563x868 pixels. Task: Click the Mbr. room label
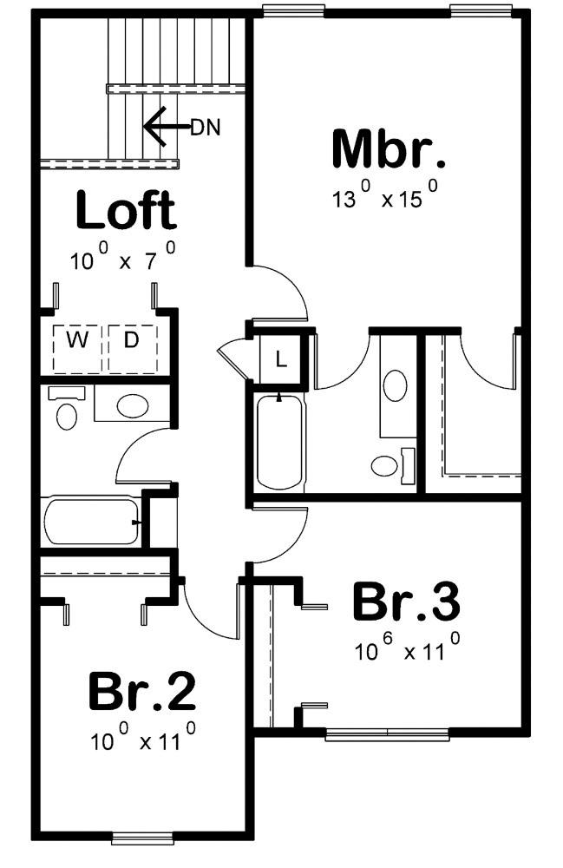(389, 149)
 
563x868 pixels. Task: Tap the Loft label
(126, 211)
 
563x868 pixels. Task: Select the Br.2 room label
(141, 692)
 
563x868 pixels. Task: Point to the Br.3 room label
(405, 602)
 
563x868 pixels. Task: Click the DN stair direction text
(205, 128)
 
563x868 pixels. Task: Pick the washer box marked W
(78, 341)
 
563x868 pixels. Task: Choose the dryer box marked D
(131, 341)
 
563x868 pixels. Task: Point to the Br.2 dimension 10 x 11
(141, 740)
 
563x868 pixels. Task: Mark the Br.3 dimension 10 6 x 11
(405, 650)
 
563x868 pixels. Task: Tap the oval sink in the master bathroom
(396, 385)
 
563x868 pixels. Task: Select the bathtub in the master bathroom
(279, 443)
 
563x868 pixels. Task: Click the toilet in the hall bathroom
(66, 411)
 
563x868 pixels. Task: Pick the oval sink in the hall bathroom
(131, 405)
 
